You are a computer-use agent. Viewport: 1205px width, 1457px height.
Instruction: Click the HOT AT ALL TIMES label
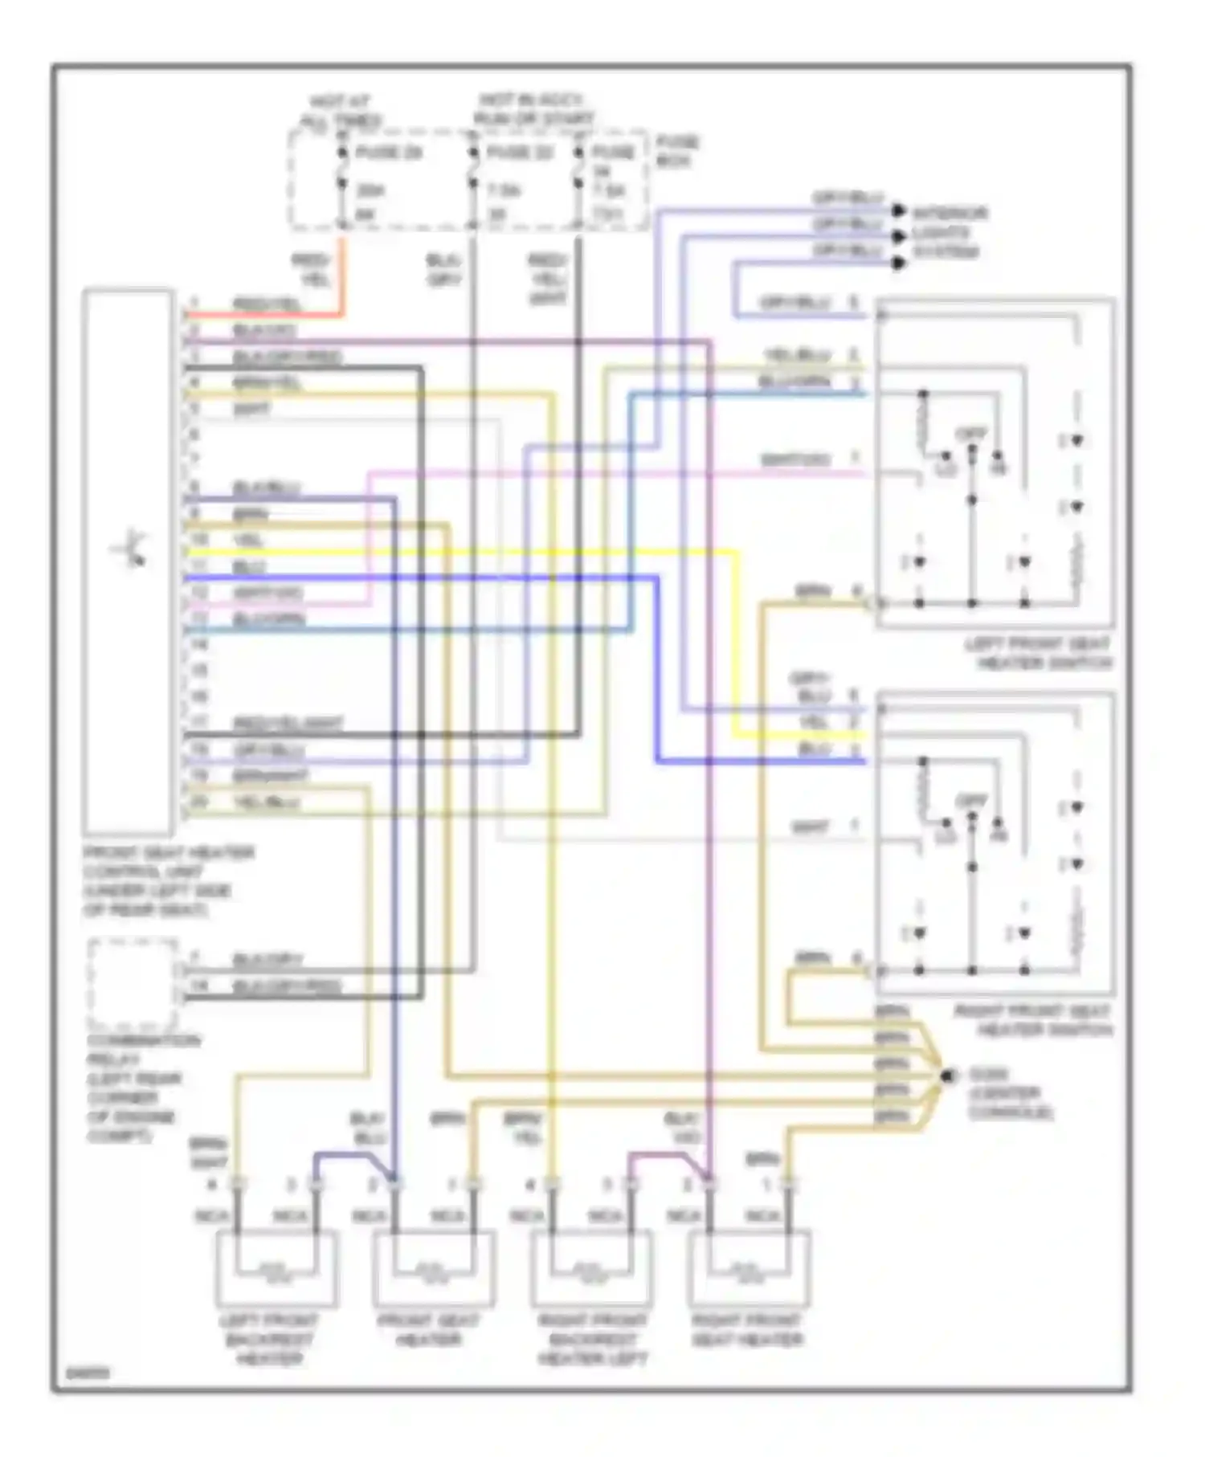click(341, 112)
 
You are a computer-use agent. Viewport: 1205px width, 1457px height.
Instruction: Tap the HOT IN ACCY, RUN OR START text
click(533, 110)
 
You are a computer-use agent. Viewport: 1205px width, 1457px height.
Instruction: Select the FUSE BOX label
click(677, 151)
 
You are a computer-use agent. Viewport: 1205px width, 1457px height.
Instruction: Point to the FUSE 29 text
click(389, 153)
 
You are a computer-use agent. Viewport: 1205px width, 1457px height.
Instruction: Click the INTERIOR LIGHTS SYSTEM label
click(950, 233)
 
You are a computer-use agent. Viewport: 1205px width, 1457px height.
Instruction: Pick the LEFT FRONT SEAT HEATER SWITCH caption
click(1038, 654)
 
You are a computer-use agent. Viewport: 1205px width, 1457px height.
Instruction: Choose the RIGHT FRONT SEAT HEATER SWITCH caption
click(1033, 1020)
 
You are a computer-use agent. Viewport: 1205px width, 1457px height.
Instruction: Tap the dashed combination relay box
click(133, 983)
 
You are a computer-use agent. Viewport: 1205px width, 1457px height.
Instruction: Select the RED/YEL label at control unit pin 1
click(267, 304)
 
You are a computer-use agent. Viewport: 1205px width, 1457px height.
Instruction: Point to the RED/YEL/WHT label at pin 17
click(288, 724)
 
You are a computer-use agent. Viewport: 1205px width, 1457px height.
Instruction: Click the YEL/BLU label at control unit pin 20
click(267, 802)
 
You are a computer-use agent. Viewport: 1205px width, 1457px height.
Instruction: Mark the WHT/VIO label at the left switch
click(794, 460)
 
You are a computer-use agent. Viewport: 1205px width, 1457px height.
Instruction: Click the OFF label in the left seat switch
click(970, 435)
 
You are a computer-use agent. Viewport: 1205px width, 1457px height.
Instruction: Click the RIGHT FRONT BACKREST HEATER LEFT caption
click(592, 1339)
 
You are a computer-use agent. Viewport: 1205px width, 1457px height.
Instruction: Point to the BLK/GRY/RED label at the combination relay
click(288, 986)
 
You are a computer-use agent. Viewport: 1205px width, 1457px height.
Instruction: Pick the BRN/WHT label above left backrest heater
click(208, 1153)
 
